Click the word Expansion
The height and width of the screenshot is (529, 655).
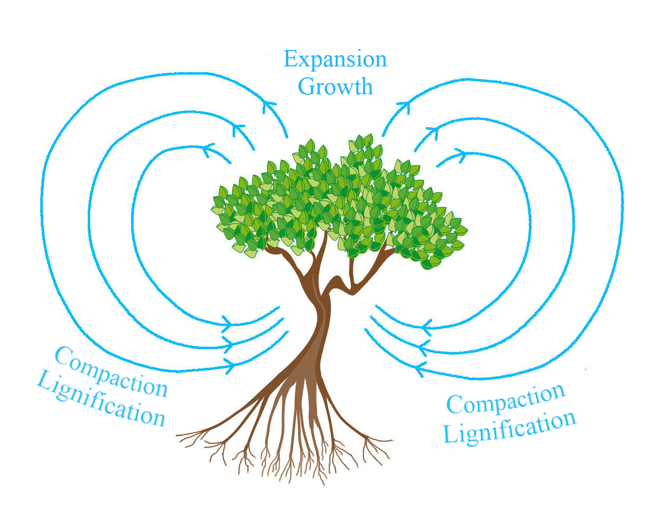pyautogui.click(x=335, y=60)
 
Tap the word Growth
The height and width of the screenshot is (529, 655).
pyautogui.click(x=335, y=87)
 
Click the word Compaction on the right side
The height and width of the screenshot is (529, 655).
pyautogui.click(x=505, y=399)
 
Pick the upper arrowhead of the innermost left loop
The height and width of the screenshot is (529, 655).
pyautogui.click(x=209, y=150)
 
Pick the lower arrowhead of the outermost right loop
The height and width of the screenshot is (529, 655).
pyautogui.click(x=420, y=369)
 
